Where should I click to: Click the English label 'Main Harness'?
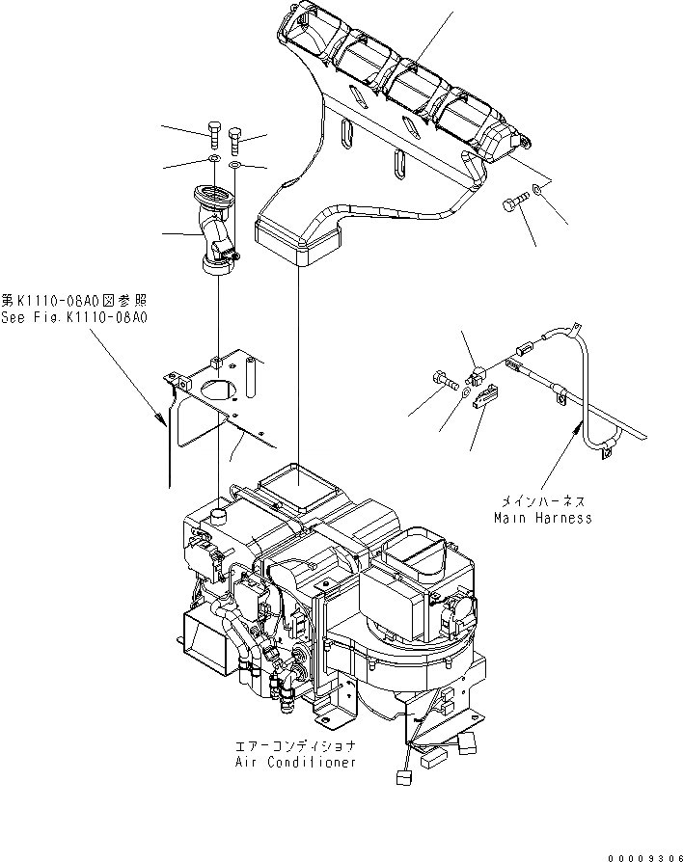click(x=542, y=518)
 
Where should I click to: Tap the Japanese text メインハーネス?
click(x=542, y=502)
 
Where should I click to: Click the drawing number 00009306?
click(x=644, y=851)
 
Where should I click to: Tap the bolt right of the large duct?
click(x=513, y=204)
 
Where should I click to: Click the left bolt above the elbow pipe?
click(x=214, y=136)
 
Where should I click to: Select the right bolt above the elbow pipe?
click(x=236, y=142)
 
